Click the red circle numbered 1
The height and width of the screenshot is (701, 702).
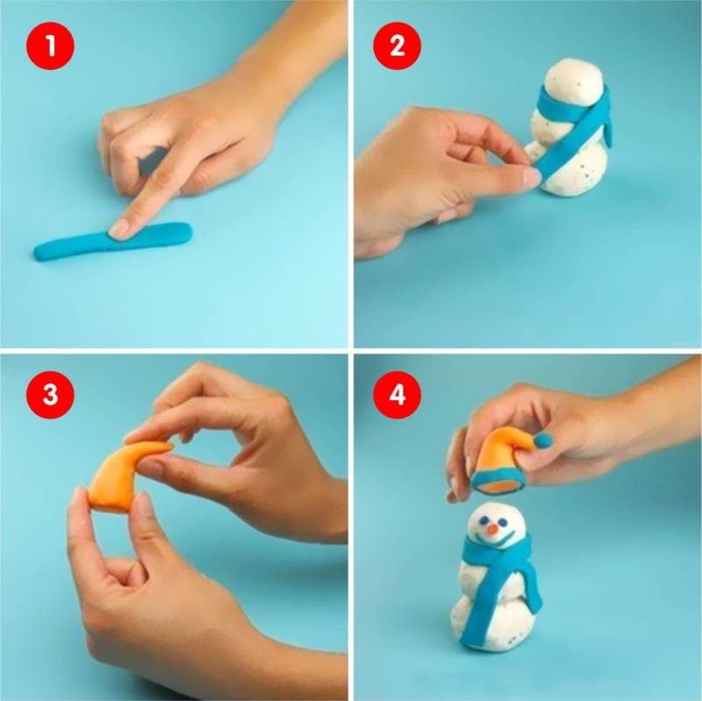50,46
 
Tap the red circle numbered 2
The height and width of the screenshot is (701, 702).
397,46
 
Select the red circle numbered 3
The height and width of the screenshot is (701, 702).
50,395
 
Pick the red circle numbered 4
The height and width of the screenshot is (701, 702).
397,395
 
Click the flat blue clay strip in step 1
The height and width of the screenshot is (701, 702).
113,242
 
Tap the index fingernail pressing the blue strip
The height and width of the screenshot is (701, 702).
119,229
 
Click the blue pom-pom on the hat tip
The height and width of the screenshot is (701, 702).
543,441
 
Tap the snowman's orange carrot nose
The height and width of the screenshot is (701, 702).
492,530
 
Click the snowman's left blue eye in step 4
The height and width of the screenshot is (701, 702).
484,520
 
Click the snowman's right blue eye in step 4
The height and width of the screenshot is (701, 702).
503,522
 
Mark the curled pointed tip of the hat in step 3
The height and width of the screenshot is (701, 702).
166,446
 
